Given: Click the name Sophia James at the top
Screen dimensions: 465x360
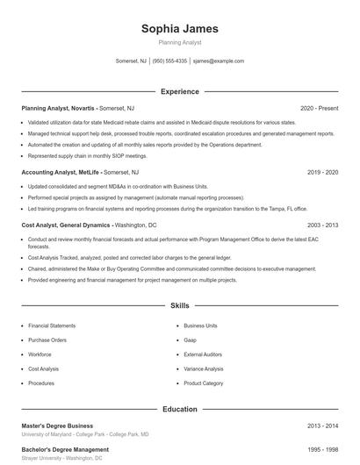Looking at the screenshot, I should point(180,29).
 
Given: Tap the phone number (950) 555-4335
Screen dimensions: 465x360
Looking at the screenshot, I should point(170,61).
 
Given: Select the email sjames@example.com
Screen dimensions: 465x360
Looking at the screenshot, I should point(218,61).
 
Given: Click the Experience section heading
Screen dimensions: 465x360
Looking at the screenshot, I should point(180,91).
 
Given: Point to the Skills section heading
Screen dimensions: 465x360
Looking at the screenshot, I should point(180,306).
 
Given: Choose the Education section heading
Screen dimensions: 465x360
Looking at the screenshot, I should point(180,409).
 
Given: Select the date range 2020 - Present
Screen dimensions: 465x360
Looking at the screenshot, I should point(319,108).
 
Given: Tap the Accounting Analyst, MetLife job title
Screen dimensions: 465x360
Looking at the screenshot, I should point(61,173).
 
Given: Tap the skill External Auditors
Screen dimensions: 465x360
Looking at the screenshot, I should point(203,354).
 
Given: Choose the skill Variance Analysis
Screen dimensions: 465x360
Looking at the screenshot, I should point(204,368).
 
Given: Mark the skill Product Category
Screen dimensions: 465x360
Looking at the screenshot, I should point(203,383).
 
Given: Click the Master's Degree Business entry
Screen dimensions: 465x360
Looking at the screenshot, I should point(57,426).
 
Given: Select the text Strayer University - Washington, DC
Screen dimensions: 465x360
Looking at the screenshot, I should point(62,458).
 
